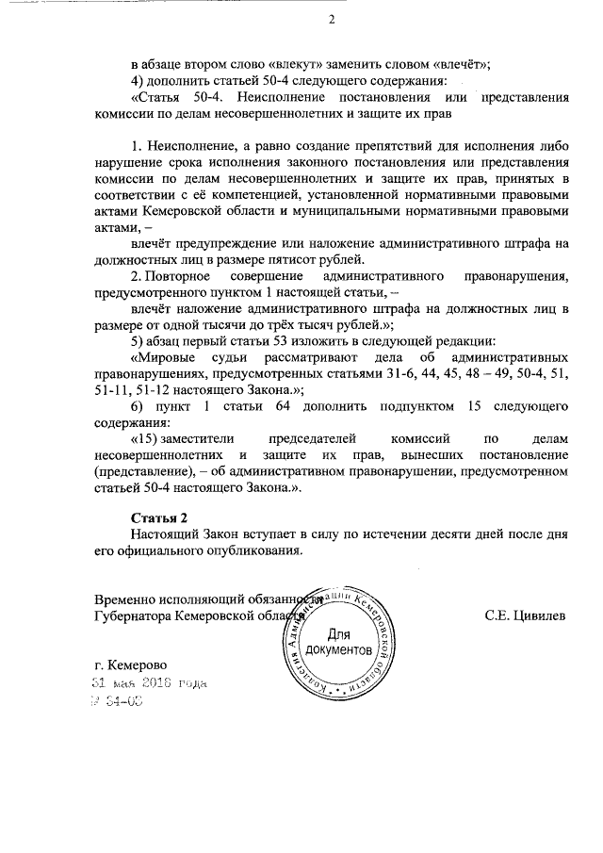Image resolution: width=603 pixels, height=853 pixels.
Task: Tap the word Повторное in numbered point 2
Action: click(178, 276)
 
